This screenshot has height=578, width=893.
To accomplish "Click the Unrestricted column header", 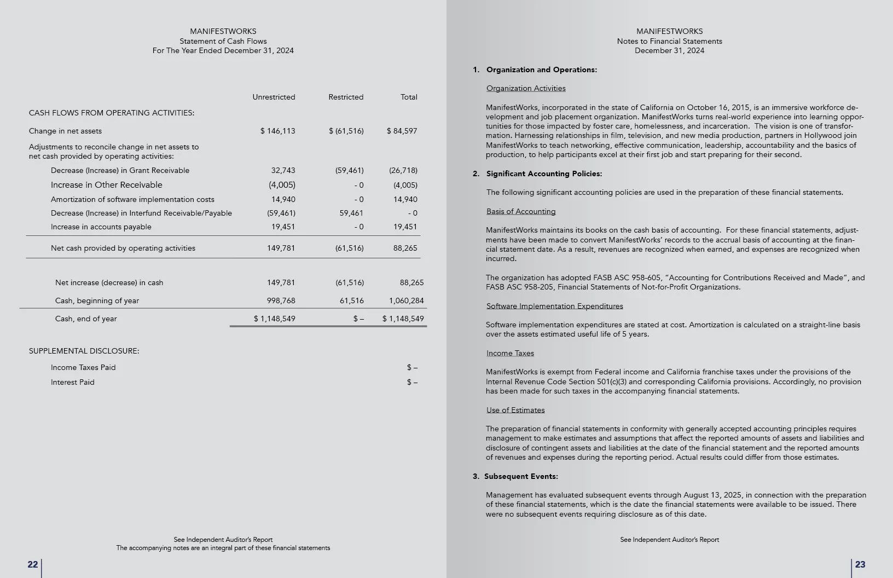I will point(274,97).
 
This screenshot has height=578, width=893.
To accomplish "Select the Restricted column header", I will point(346,97).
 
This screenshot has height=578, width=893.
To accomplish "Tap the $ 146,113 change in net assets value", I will point(278,131).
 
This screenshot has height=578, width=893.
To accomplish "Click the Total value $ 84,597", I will point(402,131).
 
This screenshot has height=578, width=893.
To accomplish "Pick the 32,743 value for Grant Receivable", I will point(283,170).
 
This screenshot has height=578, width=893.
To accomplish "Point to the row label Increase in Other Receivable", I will point(107,185).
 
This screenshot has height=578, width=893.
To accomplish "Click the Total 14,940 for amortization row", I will point(405,199).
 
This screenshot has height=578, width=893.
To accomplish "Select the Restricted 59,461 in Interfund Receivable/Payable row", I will point(351,213).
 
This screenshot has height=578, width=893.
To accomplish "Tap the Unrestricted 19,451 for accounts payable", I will point(283,227).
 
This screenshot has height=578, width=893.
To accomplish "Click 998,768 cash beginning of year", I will point(281,300).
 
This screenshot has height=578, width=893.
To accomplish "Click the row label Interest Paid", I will point(73,382).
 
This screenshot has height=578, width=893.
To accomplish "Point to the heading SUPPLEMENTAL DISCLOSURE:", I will point(84,351).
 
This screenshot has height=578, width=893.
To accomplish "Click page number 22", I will point(33,564).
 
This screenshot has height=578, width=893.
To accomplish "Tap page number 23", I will point(860,564).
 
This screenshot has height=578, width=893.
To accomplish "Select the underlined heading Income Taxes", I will point(510,353).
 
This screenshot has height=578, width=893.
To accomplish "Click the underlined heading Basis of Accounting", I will point(521,211).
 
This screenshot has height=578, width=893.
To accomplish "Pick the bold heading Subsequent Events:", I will point(521,476).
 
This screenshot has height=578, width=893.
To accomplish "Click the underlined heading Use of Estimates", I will point(515,410).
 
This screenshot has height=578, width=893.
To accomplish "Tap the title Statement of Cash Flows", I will point(223,41).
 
